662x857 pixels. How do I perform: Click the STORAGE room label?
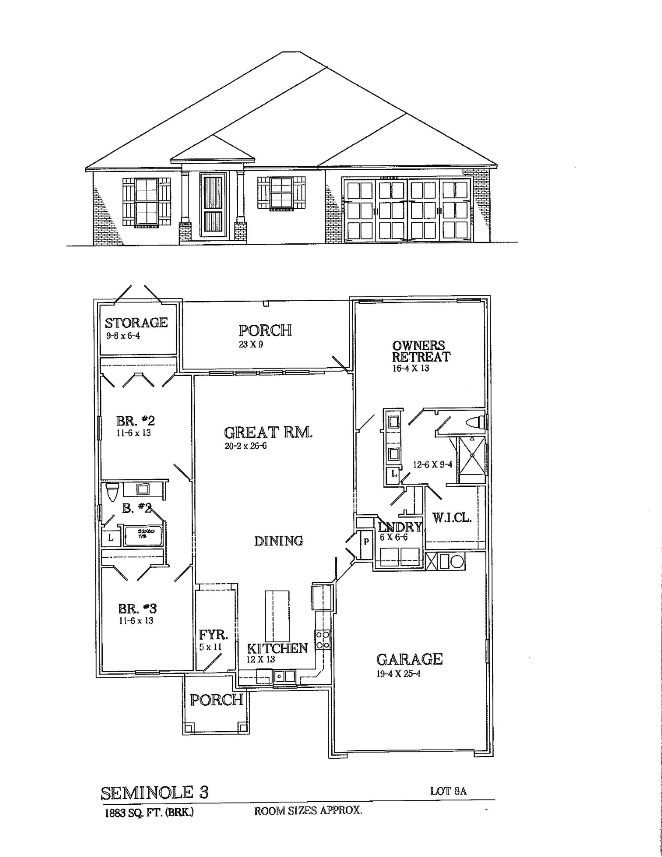tap(136, 323)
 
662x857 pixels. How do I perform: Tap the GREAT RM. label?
tap(268, 432)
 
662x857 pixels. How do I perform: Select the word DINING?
tap(279, 541)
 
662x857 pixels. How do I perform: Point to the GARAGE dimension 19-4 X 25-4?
tap(398, 674)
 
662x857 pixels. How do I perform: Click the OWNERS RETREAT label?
tap(421, 351)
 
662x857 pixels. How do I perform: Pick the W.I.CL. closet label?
tap(452, 518)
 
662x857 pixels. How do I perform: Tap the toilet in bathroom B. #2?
tap(112, 492)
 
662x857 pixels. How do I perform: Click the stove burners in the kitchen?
tap(322, 639)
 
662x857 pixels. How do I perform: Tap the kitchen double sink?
tap(285, 677)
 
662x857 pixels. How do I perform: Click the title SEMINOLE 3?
tap(155, 793)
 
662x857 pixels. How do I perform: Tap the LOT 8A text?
tap(448, 791)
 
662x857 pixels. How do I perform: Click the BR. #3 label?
tap(137, 608)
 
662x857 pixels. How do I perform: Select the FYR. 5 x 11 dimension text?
tap(210, 647)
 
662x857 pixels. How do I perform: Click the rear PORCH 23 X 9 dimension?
tap(251, 344)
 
